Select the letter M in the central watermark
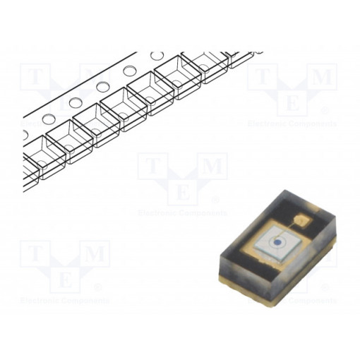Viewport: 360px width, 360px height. pos(212,167)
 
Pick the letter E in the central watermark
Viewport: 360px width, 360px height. pos(183,192)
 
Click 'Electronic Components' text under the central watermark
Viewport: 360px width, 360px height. pos(183,212)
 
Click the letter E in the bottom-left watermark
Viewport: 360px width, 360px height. pos(64,280)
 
